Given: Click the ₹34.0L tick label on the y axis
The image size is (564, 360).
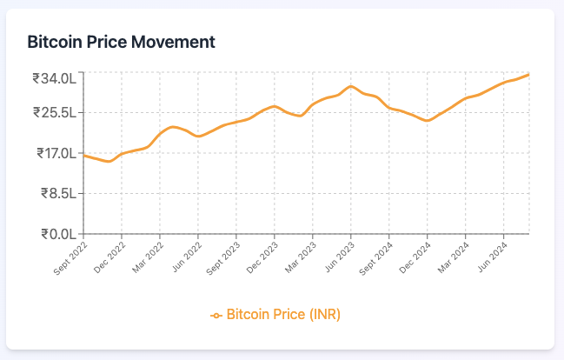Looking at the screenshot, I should [56, 79].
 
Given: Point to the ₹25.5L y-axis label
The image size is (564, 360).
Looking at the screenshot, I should [56, 113].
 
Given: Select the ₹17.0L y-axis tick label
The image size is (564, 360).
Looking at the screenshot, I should [56, 154].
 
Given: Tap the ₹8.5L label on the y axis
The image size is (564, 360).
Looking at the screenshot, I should [60, 194].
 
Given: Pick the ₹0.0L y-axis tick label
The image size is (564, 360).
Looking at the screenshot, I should [60, 234].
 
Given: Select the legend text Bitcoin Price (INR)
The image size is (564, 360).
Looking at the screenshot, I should [283, 314].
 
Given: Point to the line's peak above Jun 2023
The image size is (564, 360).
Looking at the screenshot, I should [350, 86].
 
